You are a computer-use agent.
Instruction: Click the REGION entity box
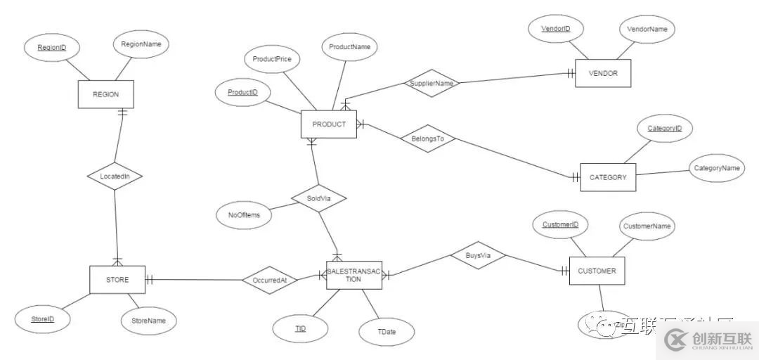tap(105, 94)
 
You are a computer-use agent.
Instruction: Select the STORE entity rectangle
tap(117, 279)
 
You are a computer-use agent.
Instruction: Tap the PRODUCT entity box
tap(329, 124)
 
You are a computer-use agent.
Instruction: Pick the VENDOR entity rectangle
tap(602, 73)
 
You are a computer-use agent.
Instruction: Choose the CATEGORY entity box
tap(608, 177)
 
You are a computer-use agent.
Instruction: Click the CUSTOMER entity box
tap(597, 271)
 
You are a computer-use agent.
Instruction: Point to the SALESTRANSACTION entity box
tap(353, 275)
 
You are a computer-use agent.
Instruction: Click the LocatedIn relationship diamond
tap(115, 176)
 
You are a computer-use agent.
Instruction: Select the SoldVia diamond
tap(318, 199)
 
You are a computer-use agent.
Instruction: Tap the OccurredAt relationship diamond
tap(269, 280)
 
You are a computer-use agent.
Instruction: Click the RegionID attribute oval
tap(51, 48)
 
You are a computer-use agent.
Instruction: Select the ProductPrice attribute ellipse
tap(272, 59)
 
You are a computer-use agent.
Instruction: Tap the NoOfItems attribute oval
tap(244, 214)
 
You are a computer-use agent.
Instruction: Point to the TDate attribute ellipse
tap(387, 332)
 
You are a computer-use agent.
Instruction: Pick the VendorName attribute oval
tap(647, 30)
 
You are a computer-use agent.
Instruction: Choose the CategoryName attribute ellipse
tap(717, 168)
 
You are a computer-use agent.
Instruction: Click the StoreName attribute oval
tap(148, 321)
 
